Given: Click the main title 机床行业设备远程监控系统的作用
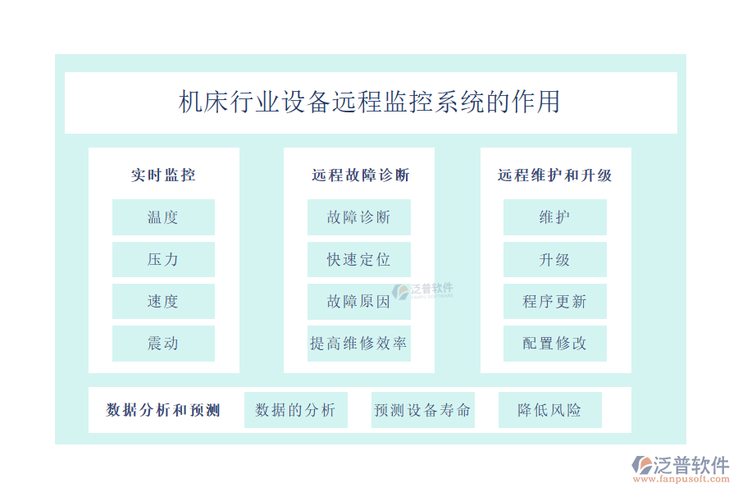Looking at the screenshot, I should click(370, 102).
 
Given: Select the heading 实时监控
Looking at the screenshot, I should click(163, 175).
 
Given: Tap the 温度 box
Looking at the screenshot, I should click(163, 217).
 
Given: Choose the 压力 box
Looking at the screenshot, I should click(163, 259).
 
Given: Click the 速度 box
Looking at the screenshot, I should click(163, 302).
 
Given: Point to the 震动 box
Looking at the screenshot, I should click(163, 344).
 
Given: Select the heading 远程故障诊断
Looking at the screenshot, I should click(359, 175).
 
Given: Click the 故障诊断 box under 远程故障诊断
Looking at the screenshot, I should click(358, 217).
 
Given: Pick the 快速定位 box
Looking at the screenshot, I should click(358, 259).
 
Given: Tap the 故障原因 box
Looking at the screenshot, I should click(358, 302).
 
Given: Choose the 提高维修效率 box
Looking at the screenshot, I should click(358, 344).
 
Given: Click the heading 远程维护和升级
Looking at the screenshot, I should click(555, 175).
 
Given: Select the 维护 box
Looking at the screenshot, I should click(555, 217).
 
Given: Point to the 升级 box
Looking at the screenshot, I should click(555, 259).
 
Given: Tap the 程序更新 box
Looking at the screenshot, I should click(555, 302).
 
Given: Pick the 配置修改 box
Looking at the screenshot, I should click(555, 344).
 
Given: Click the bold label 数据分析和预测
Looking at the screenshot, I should click(163, 410).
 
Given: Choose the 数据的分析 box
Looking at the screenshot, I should click(295, 410).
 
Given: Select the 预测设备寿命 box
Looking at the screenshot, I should click(422, 410).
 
